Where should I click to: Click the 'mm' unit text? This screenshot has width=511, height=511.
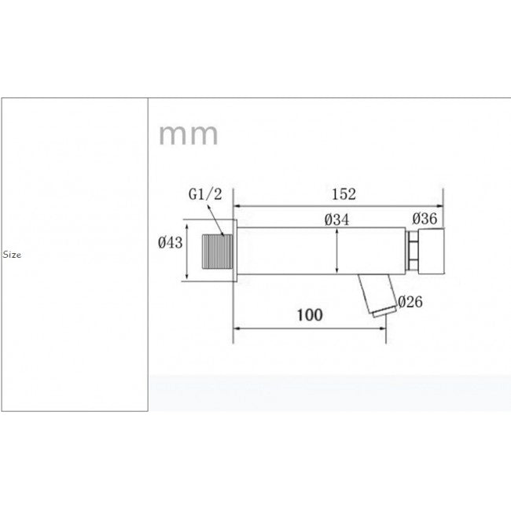point(189,135)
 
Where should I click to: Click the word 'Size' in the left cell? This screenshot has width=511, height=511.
point(12,256)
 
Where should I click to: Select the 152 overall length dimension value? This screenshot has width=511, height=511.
point(344,194)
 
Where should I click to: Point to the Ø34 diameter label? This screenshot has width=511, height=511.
point(336,221)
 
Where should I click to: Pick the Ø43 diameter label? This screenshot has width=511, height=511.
point(170,243)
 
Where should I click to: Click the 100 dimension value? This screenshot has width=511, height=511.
point(309,315)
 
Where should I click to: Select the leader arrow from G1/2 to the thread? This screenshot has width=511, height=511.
point(216,219)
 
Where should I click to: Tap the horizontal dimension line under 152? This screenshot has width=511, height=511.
point(338,207)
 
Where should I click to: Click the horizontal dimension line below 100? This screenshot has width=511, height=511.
point(309,329)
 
